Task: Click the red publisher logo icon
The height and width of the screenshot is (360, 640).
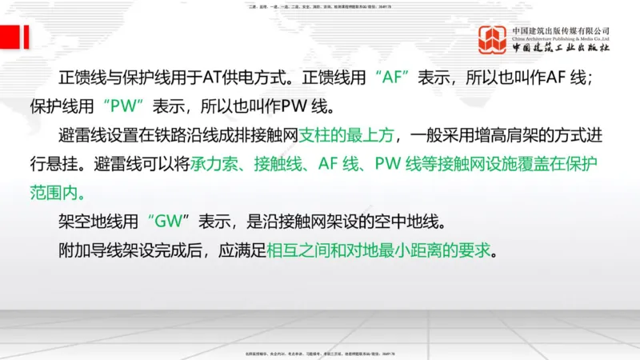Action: [x=494, y=39]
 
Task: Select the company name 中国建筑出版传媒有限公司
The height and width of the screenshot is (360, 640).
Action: [x=561, y=30]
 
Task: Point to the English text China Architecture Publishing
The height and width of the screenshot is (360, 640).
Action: [x=561, y=38]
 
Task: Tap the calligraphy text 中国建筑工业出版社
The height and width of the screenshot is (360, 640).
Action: [x=561, y=49]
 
